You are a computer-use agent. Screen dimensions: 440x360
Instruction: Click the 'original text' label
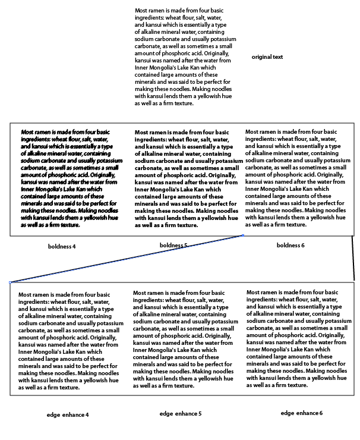pyautogui.click(x=267, y=57)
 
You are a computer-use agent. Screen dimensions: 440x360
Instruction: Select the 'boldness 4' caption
pyautogui.click(x=62, y=246)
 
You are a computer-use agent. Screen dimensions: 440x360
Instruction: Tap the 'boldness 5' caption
pyautogui.click(x=173, y=245)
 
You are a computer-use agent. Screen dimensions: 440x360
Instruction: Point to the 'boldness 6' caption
pyautogui.click(x=290, y=245)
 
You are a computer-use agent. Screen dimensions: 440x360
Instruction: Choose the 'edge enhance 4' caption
pyautogui.click(x=68, y=414)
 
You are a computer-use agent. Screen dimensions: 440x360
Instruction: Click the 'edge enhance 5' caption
pyautogui.click(x=181, y=414)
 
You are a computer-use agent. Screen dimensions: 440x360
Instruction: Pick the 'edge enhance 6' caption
pyautogui.click(x=302, y=413)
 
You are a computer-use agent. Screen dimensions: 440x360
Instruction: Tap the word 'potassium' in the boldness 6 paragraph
pyautogui.click(x=336, y=161)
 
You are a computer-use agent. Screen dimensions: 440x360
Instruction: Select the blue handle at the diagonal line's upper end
pyautogui.click(x=244, y=235)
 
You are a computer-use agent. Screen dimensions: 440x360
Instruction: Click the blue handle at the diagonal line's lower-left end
pyautogui.click(x=10, y=282)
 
